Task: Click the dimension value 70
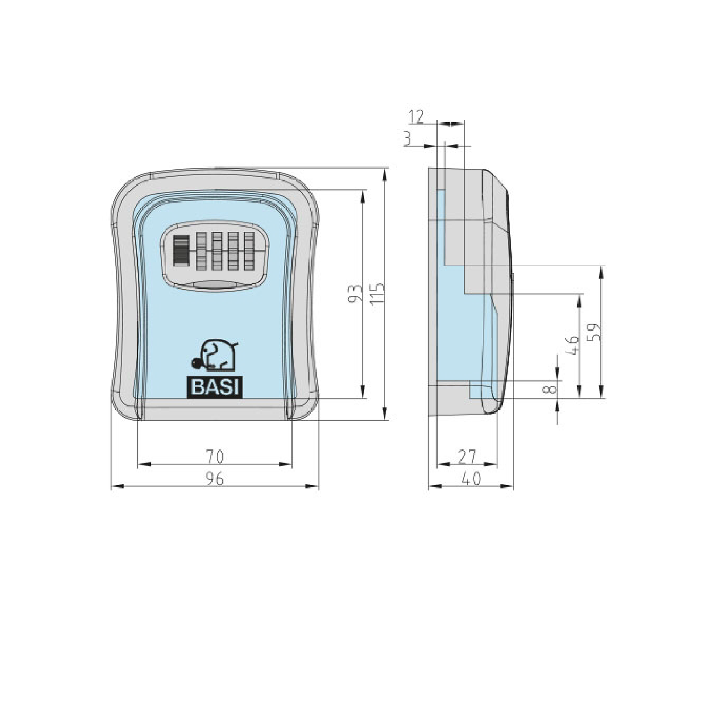coord(214,457)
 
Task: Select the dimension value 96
coord(215,479)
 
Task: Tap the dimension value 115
coord(377,294)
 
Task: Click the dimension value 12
coord(416,117)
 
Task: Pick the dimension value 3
coord(407,139)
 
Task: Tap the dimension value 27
coord(467,457)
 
